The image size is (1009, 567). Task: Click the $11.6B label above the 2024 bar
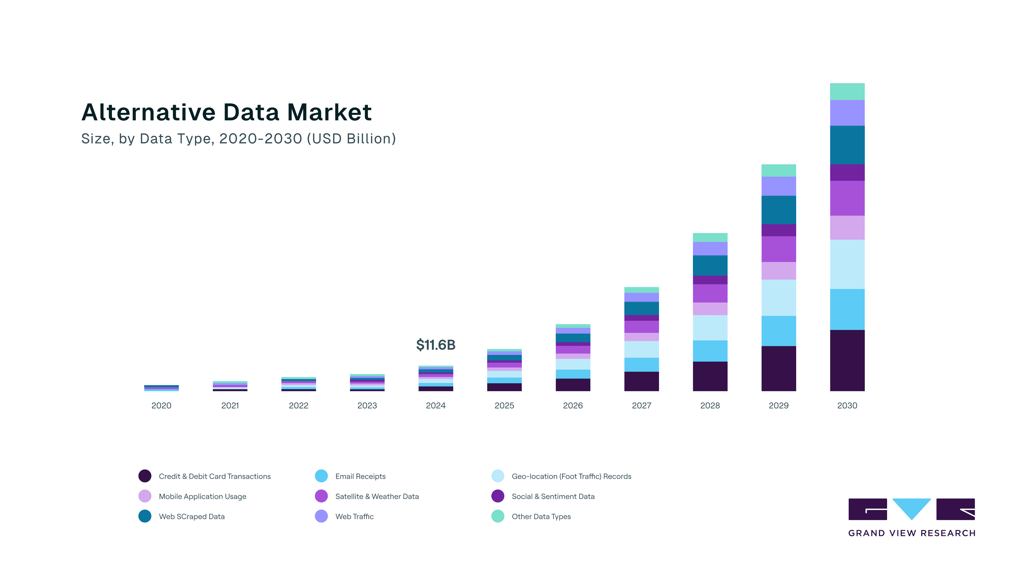pos(436,345)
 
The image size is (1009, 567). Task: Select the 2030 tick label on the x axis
pos(847,405)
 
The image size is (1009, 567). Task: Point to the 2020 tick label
pos(161,405)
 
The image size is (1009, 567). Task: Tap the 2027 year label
pos(641,405)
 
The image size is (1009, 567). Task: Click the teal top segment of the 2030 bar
pos(847,92)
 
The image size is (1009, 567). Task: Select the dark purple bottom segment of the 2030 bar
pos(847,360)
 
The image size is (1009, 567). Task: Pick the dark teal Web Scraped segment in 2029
pos(778,210)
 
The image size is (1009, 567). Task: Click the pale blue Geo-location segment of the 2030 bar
pos(847,264)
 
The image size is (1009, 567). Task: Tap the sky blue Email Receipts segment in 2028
pos(710,351)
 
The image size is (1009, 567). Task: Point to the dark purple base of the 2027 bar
pos(641,381)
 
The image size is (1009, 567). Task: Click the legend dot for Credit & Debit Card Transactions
pos(145,476)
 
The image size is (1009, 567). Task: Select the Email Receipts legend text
pos(360,476)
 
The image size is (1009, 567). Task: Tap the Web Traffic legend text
pos(354,517)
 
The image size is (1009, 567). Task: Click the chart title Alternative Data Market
pos(226,112)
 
